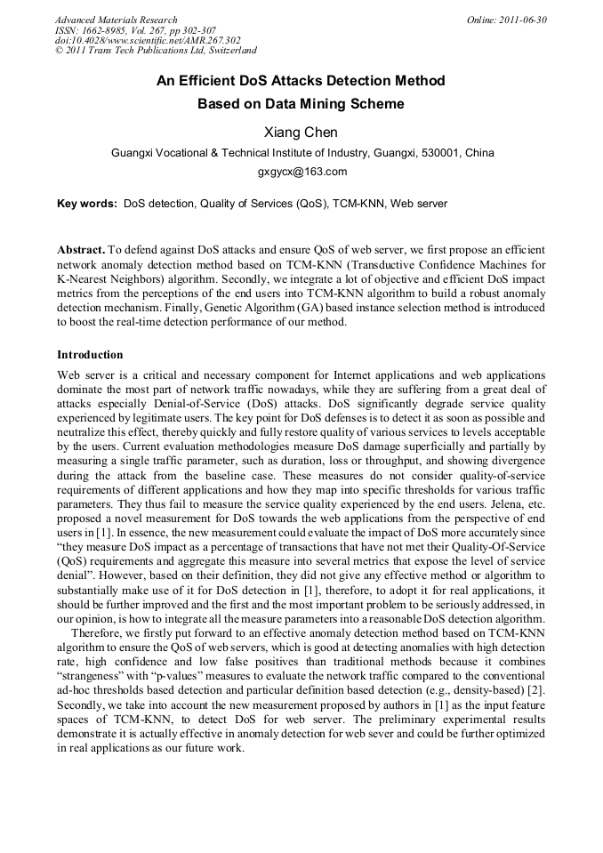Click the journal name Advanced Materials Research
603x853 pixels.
[117, 20]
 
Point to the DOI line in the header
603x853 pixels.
[147, 41]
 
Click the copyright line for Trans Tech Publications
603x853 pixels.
[156, 52]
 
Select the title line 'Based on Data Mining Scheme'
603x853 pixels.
[301, 104]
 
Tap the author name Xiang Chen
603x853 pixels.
[301, 133]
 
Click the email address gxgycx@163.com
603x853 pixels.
[301, 172]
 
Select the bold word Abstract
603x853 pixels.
[81, 251]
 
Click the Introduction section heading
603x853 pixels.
[90, 355]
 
